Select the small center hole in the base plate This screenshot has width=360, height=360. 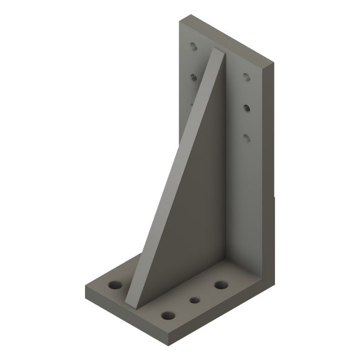(x=195, y=300)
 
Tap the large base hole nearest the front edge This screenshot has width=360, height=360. (x=167, y=315)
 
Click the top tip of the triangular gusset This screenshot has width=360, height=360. (x=218, y=50)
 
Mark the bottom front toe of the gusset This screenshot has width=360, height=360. (x=129, y=306)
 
